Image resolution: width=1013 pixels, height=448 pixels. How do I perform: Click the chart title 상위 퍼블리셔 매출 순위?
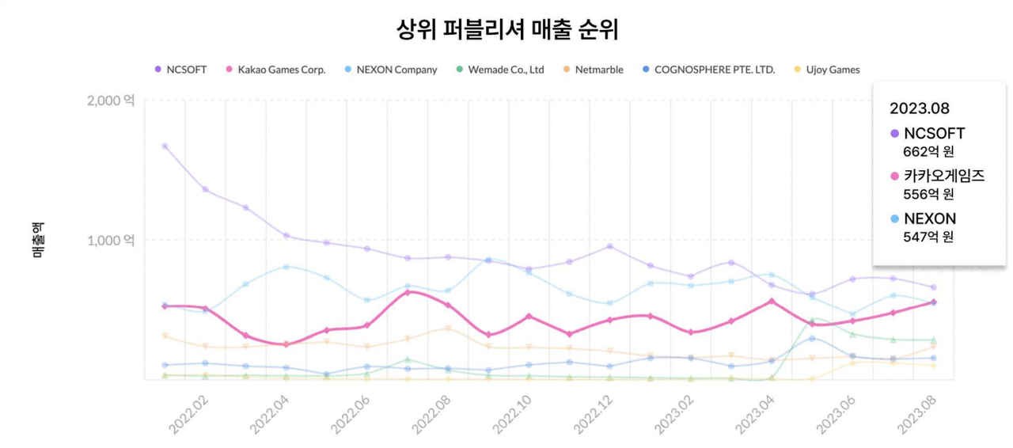tap(506, 30)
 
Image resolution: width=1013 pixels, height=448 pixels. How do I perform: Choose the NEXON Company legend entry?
tap(396, 70)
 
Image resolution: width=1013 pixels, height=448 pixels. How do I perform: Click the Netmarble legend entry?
tap(598, 70)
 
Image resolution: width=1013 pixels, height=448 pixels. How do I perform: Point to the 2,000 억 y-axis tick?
tap(110, 101)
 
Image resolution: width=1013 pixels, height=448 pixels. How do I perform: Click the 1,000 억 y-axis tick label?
tap(110, 240)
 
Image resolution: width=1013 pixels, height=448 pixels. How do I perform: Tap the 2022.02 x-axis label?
tap(188, 413)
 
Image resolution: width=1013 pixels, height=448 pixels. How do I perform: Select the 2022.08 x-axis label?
tap(431, 413)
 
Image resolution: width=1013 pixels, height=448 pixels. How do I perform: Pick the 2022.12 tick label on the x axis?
tap(593, 413)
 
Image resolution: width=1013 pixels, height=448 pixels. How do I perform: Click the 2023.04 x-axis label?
tap(755, 413)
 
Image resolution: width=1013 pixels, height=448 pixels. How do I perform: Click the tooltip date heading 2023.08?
tap(919, 108)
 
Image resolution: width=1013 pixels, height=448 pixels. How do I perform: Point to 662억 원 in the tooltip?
tap(928, 151)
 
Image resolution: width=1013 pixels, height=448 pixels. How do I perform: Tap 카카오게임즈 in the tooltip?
tap(943, 176)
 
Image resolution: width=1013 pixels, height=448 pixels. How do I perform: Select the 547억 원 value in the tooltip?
tap(928, 237)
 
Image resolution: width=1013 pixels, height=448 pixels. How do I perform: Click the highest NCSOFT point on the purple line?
tap(165, 146)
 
